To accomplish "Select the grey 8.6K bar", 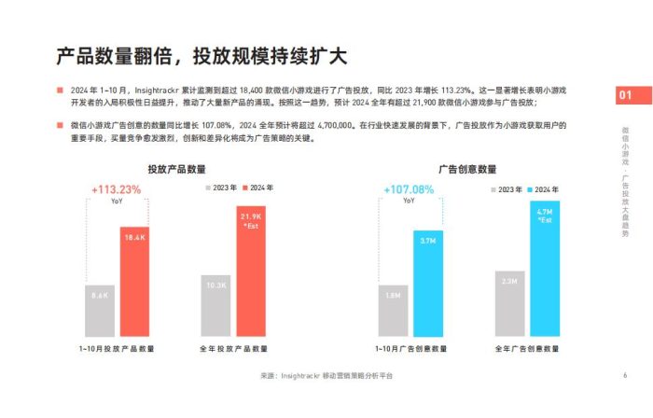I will [100, 310].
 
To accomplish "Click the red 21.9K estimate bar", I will [250, 271].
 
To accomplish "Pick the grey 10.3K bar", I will [215, 304].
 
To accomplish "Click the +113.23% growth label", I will [117, 189].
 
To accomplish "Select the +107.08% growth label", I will [409, 189].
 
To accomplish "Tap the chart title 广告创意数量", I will [467, 169].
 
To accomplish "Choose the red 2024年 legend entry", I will [260, 189].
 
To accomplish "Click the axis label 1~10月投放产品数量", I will [117, 348].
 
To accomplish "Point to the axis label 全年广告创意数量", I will [527, 348].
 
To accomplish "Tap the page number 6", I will [623, 375].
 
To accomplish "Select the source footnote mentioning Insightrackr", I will [326, 375].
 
